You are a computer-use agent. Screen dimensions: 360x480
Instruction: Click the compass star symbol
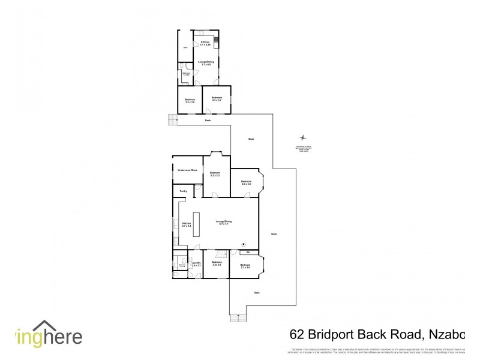point(304,137)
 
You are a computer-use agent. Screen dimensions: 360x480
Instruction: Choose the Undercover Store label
point(187,170)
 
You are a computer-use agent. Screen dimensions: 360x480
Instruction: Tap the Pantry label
point(182,191)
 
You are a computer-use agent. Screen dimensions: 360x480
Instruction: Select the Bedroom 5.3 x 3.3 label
point(215,174)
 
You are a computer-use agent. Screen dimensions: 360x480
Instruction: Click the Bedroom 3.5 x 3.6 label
point(246,182)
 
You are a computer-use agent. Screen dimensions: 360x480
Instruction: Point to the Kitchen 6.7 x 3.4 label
point(186,224)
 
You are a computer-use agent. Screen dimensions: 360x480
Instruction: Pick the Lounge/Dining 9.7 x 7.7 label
point(224,223)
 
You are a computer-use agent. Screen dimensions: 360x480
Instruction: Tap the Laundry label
point(196,263)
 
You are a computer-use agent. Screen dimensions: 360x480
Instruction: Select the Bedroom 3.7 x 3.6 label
point(245,266)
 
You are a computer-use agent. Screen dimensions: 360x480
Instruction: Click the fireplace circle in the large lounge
point(244,244)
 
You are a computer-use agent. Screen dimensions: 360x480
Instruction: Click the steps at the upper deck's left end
point(173,120)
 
